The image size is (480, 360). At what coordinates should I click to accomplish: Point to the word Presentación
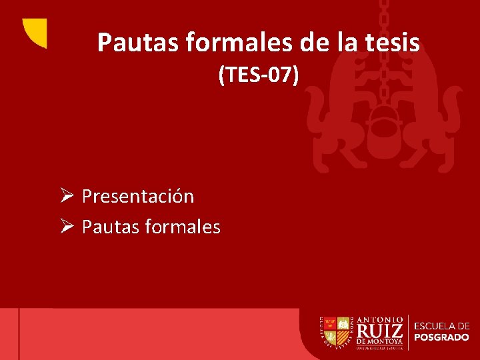click(138, 197)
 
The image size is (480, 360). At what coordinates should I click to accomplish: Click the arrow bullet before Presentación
click(65, 197)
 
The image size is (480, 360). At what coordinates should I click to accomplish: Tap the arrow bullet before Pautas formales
click(65, 227)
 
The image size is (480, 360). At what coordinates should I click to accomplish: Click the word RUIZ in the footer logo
click(380, 331)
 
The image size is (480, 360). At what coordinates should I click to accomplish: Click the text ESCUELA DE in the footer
click(441, 325)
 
